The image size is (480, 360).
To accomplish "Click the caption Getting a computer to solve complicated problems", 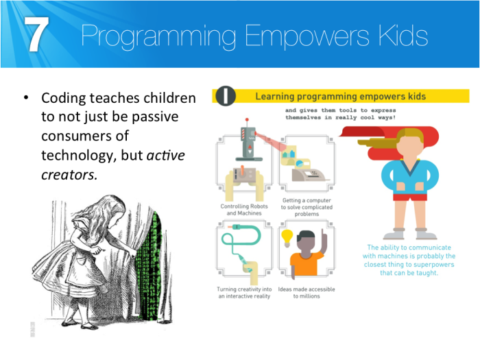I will tap(306, 207).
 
